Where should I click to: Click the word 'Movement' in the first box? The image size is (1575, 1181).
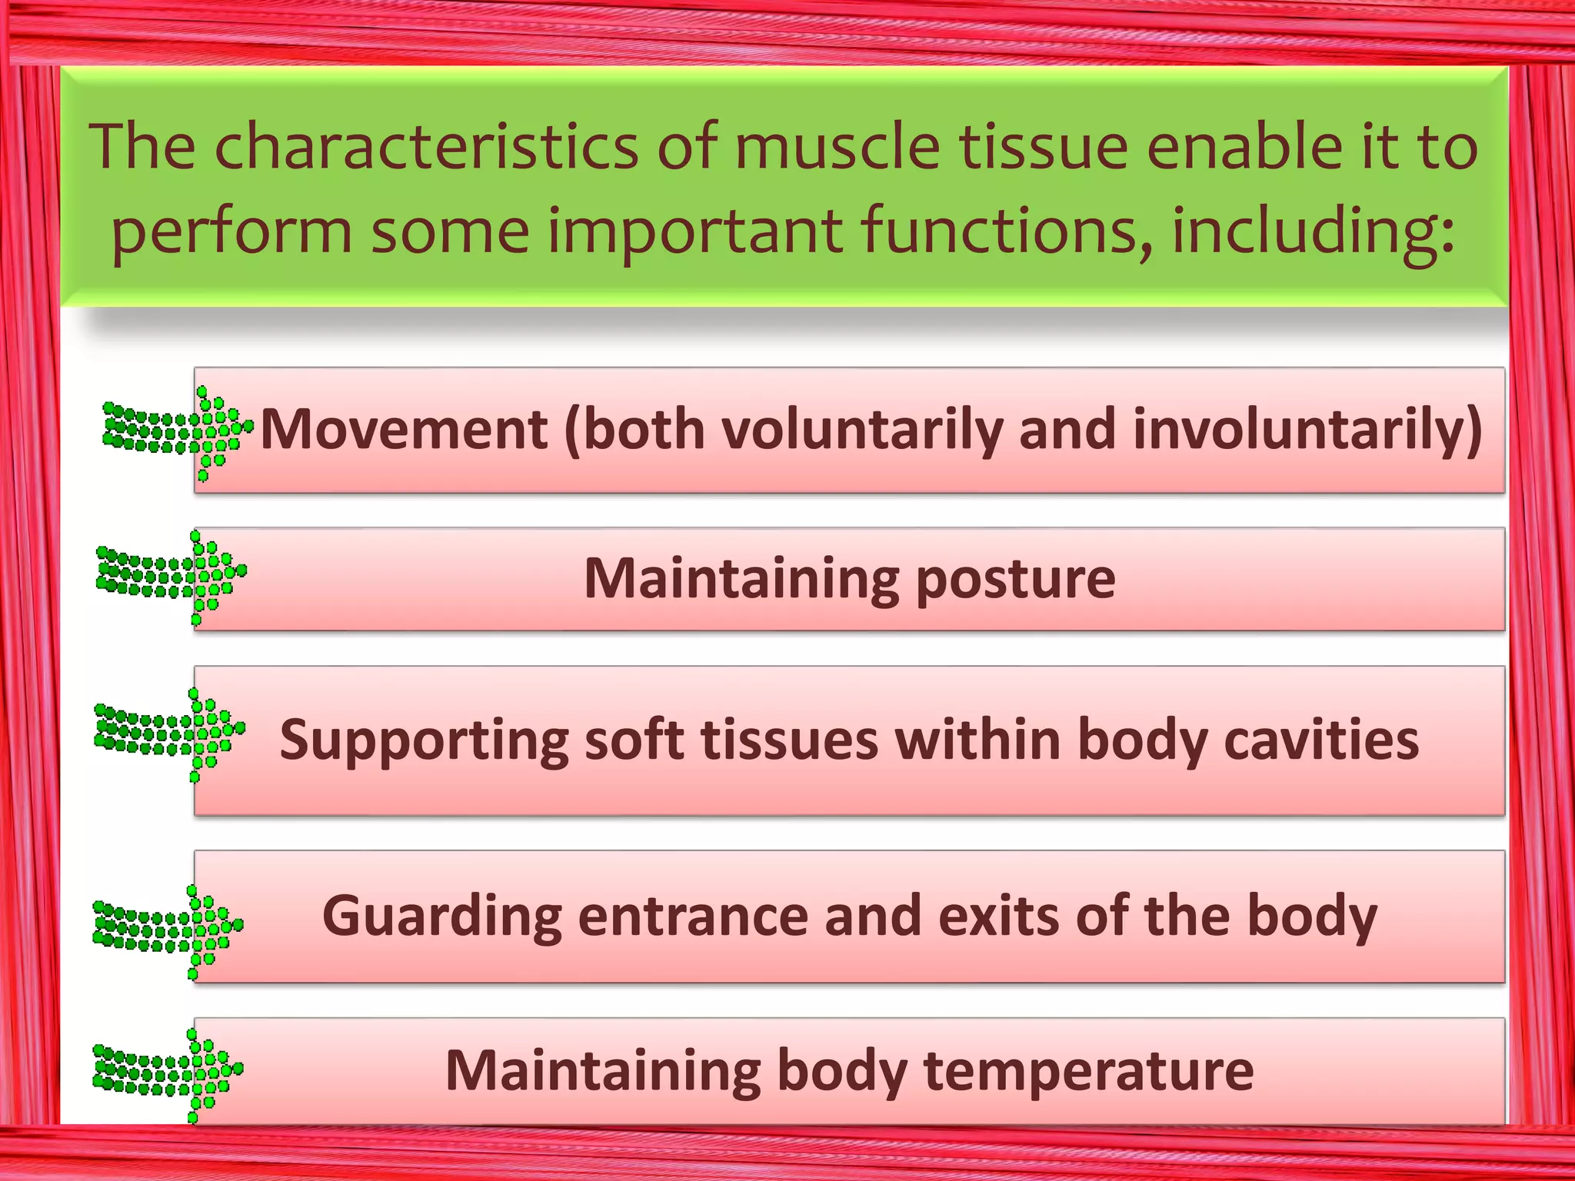coord(404,429)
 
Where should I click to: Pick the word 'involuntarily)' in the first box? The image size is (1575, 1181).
coord(1307,429)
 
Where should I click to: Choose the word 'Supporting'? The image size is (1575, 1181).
coord(424,740)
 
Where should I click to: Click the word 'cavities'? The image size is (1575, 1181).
coord(1320,739)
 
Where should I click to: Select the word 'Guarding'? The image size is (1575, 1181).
coord(441,917)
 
